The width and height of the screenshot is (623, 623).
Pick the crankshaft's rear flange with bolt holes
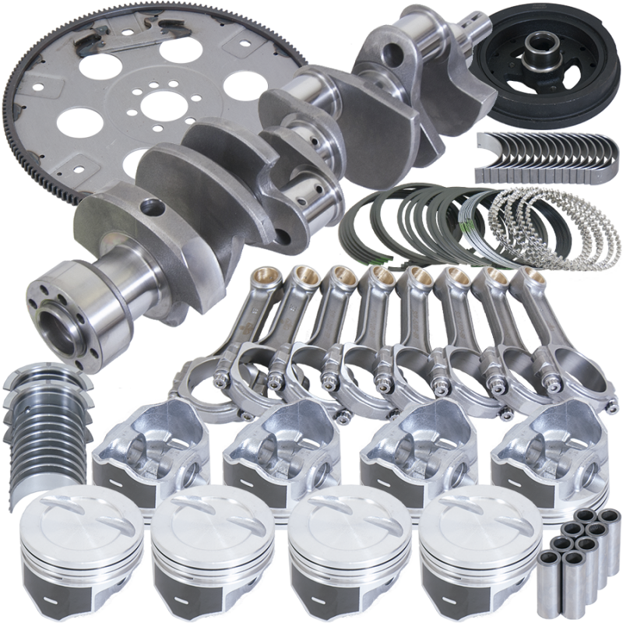(58, 300)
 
